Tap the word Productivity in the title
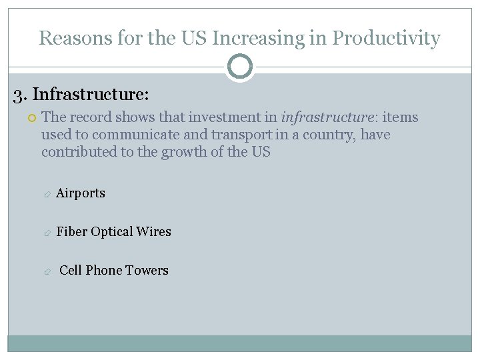coord(386,38)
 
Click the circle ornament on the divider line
coord(240,67)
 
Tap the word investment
coord(223,117)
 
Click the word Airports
coord(81,193)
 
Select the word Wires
coord(153,232)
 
